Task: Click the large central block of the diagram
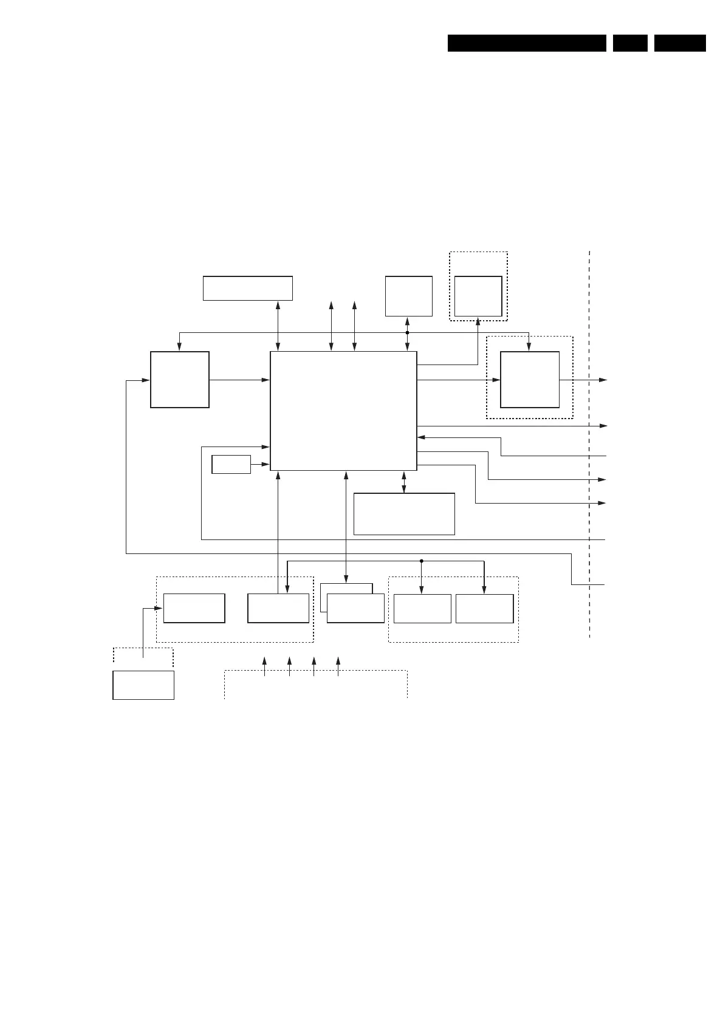tap(343, 411)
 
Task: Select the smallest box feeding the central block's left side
tap(231, 464)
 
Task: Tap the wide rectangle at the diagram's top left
tap(247, 288)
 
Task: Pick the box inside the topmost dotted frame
tap(478, 296)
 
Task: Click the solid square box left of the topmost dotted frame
tap(409, 296)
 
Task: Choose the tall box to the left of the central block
tap(180, 380)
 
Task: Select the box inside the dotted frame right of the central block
tap(530, 380)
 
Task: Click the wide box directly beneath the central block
tap(404, 514)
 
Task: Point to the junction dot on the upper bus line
tap(407, 333)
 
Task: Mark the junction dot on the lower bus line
tap(421, 561)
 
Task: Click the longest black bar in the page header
tap(527, 43)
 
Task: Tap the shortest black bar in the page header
tap(630, 43)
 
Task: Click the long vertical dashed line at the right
tap(589, 443)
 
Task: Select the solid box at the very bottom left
tap(143, 685)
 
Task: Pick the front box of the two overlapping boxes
tap(355, 609)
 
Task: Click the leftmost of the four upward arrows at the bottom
tap(264, 666)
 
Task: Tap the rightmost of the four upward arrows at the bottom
tap(338, 666)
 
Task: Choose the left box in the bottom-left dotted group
tap(194, 608)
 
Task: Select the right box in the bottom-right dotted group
tap(484, 609)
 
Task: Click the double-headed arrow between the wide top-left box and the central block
tap(278, 326)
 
